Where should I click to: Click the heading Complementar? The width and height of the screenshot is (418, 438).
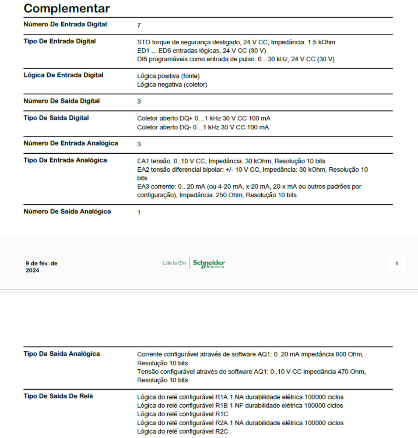click(x=67, y=8)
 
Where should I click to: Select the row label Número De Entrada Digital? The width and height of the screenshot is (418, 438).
click(x=65, y=25)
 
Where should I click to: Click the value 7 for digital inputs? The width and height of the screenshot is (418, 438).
click(x=139, y=25)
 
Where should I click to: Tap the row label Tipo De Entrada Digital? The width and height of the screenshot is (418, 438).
click(x=60, y=42)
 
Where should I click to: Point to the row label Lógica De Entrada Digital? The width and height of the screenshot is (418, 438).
click(x=63, y=75)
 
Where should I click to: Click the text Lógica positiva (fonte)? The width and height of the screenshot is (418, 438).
click(x=168, y=76)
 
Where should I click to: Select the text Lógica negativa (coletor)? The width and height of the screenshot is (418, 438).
click(x=172, y=85)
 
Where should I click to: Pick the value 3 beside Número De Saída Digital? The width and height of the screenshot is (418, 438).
click(x=139, y=102)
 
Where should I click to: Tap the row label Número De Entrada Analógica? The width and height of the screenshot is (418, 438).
click(x=70, y=143)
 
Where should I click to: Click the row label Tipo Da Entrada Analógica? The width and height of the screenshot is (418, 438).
click(x=65, y=160)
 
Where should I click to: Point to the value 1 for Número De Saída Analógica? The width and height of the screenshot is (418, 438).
click(x=139, y=212)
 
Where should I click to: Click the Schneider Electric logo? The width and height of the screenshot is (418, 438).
click(x=209, y=263)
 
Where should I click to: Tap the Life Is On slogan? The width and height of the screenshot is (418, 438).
click(x=174, y=263)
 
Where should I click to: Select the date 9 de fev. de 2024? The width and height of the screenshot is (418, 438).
click(x=41, y=267)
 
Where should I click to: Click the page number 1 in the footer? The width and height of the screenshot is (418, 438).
click(x=397, y=264)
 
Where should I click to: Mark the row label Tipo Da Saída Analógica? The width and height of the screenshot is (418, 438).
click(x=61, y=354)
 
